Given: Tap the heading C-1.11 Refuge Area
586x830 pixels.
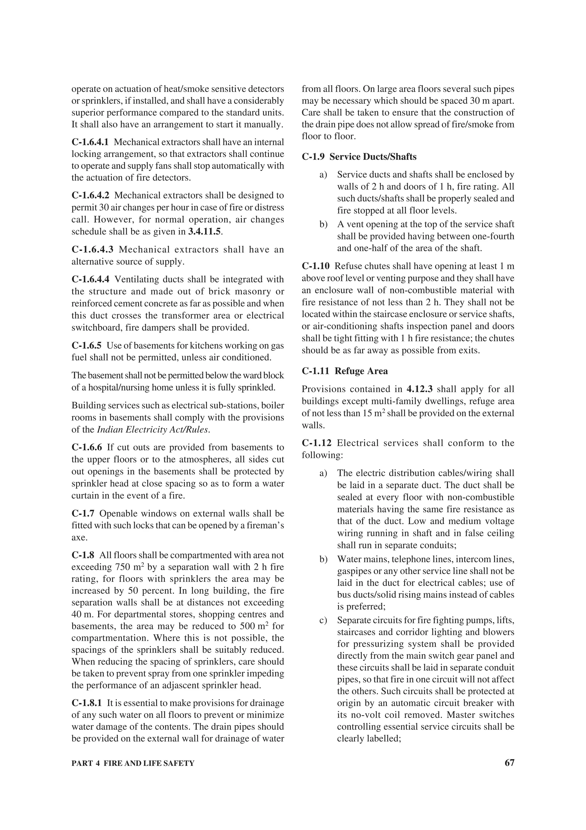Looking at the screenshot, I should tap(345, 371).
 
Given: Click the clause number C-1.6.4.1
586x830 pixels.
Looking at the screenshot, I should tap(90, 142).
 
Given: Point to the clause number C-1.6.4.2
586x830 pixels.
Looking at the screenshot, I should tap(90, 196).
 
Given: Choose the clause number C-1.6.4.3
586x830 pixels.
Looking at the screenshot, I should tap(92, 249).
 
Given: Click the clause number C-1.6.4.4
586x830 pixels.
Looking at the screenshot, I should tap(90, 280).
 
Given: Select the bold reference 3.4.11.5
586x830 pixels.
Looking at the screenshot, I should tap(204, 232).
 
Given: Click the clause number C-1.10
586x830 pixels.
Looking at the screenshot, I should tap(316, 266).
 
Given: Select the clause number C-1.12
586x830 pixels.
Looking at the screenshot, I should tap(316, 443).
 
